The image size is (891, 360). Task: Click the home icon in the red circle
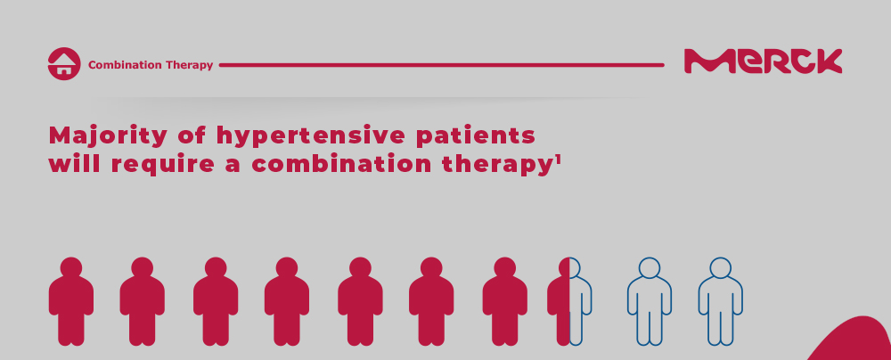[64, 63]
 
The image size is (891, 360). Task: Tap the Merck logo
[764, 61]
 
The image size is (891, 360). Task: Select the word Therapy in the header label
[189, 65]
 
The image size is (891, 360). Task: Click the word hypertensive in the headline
[311, 137]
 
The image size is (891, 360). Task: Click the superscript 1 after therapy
[558, 160]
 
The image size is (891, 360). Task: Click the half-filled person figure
[569, 301]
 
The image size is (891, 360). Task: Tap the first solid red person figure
[71, 301]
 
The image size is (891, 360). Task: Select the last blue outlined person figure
[721, 301]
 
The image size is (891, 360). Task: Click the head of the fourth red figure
[287, 267]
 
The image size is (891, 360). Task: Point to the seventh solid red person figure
[504, 301]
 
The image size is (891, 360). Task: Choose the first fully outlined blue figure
[650, 301]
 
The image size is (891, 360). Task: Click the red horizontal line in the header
[442, 65]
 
